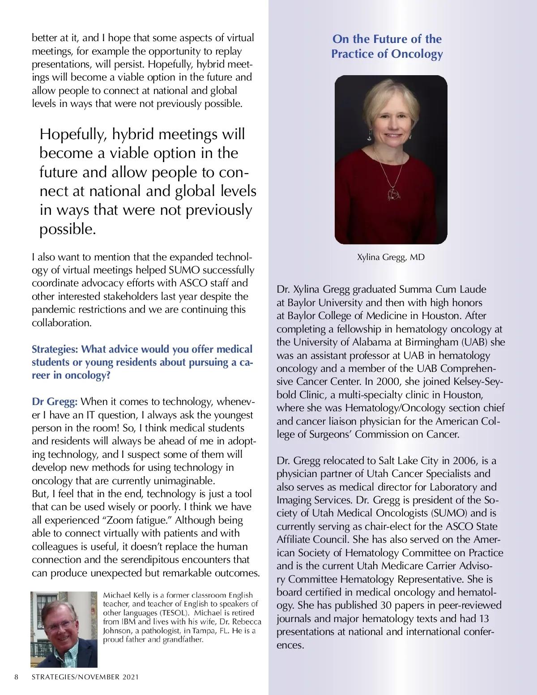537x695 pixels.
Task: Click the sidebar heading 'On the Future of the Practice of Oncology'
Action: [387, 47]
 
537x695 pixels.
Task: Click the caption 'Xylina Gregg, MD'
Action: [391, 257]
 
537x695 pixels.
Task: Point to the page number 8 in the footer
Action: [17, 677]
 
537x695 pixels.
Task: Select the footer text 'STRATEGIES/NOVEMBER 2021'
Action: [85, 677]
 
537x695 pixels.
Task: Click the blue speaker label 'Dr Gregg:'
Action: [55, 401]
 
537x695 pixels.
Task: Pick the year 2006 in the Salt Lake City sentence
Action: [465, 460]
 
